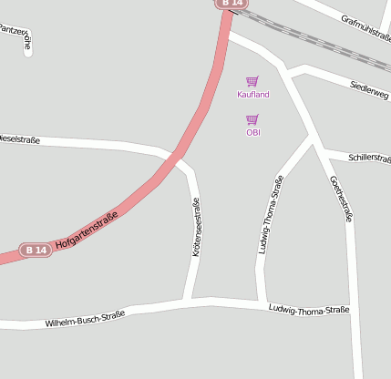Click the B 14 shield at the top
point(232,4)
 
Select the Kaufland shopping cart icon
point(252,81)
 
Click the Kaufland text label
point(253,95)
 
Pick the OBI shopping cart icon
point(252,119)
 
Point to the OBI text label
point(253,132)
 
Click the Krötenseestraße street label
point(196,228)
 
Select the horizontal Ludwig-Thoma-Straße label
point(309,310)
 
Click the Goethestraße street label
point(340,199)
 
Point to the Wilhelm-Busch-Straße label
point(85,318)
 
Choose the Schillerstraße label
point(369,159)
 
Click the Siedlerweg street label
point(369,89)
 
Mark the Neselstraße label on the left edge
point(19,139)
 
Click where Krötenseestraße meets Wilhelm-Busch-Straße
point(188,300)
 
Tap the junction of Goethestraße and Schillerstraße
point(324,151)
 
